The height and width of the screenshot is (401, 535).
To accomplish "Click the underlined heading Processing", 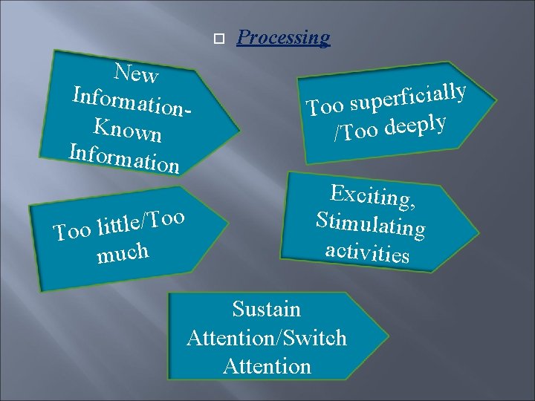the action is click(x=283, y=38).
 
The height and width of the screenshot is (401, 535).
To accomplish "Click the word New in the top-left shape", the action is click(x=136, y=74).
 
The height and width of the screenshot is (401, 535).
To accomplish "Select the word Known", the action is click(x=128, y=131).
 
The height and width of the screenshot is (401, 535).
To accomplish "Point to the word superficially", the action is click(x=408, y=97).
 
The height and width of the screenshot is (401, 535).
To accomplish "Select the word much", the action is click(x=123, y=253).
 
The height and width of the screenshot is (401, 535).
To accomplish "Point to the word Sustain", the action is click(x=266, y=309).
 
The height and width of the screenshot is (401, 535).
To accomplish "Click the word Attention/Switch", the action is click(x=267, y=338).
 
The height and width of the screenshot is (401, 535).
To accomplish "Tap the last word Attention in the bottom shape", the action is click(x=267, y=366).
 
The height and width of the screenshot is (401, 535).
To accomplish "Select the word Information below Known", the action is click(x=123, y=157).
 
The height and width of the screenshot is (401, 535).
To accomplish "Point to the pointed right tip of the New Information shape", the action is click(x=239, y=134).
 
